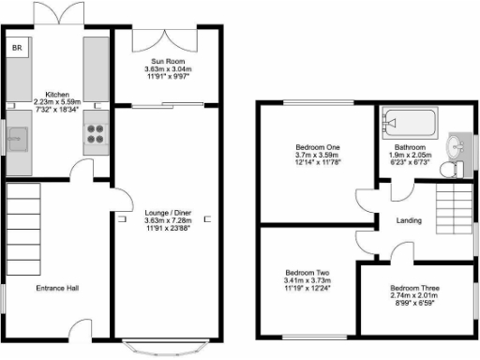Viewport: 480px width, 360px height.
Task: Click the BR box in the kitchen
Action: [18, 46]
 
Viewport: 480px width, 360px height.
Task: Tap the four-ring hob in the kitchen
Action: [97, 132]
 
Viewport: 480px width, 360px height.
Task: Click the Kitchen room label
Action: [58, 94]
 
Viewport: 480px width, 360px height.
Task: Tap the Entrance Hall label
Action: [56, 287]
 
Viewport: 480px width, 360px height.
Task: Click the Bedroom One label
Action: [316, 148]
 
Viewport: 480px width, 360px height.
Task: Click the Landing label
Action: [409, 221]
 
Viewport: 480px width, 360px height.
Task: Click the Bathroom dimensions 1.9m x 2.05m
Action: [409, 156]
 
